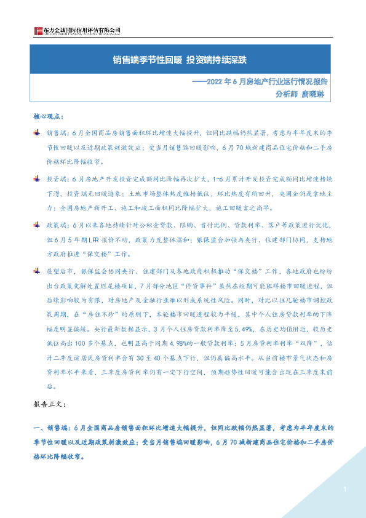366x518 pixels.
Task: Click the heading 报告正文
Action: coord(54,407)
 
